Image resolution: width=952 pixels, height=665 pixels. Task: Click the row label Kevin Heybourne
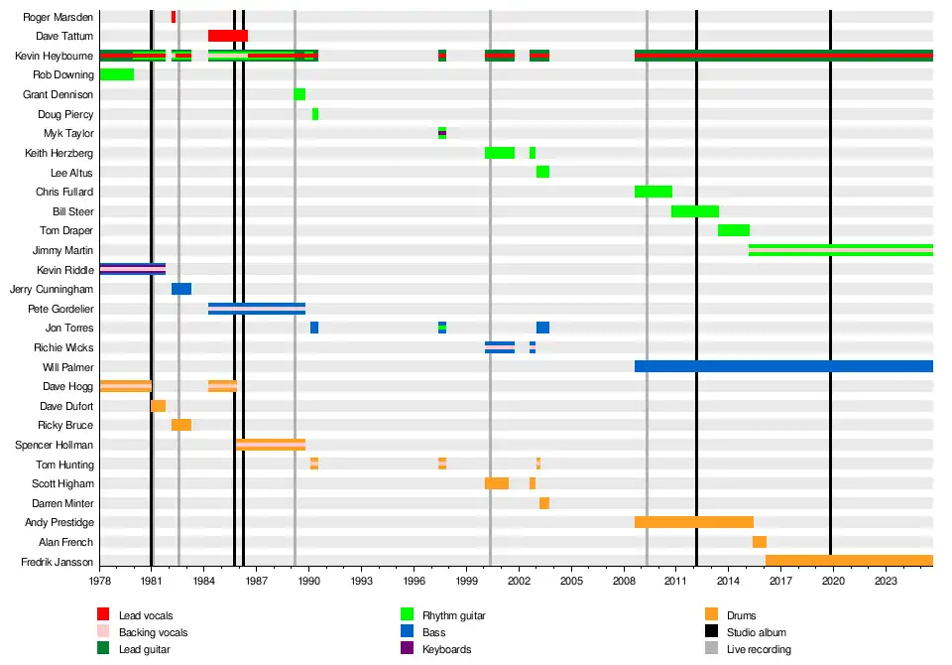[55, 56]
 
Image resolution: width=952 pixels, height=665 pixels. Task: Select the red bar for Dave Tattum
[227, 36]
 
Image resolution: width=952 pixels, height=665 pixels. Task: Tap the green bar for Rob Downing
[117, 74]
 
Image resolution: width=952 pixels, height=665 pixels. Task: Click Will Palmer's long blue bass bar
[783, 366]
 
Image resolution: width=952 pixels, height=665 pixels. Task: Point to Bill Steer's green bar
[694, 211]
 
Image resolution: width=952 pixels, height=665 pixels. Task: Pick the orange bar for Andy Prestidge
[693, 522]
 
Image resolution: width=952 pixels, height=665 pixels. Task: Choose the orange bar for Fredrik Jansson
[849, 561]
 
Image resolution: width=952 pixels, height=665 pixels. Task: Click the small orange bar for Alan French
[760, 542]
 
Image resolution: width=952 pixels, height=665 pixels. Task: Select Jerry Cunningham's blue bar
[181, 289]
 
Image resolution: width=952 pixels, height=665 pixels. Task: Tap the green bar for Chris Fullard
[654, 192]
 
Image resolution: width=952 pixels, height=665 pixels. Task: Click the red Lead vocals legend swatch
[103, 615]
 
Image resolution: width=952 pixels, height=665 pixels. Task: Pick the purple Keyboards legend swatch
[407, 649]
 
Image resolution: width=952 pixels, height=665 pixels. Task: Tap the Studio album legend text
[758, 632]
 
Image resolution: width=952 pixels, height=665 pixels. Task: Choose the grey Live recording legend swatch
[711, 649]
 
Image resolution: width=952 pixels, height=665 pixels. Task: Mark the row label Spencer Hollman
[55, 445]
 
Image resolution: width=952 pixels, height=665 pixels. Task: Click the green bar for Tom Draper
[734, 230]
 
